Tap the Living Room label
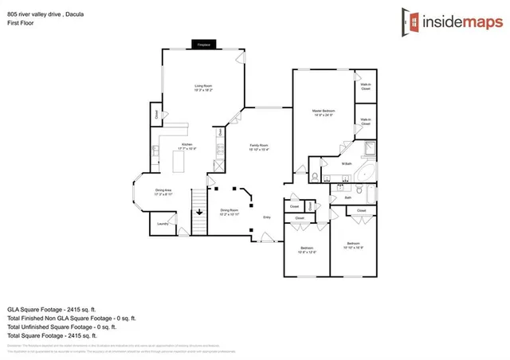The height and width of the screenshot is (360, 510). (203, 88)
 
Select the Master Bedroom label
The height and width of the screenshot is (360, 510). (323, 112)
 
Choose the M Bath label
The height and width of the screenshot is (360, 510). (346, 164)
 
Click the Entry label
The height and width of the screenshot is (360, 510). (267, 217)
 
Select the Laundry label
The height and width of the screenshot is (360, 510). (162, 224)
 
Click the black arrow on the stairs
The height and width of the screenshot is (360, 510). (199, 212)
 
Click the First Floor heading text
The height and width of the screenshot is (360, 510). (22, 23)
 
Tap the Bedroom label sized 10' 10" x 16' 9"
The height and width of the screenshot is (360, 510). (355, 245)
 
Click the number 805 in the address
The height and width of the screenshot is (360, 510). (14, 13)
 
